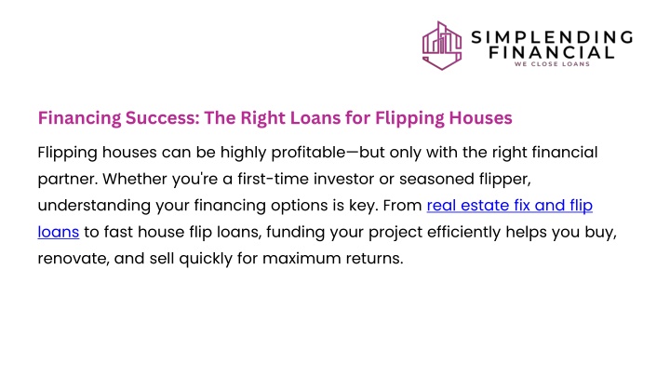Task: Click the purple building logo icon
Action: (x=442, y=46)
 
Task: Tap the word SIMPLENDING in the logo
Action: (x=552, y=37)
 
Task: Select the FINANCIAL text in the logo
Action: (x=552, y=52)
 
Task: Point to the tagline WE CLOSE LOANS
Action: (x=552, y=64)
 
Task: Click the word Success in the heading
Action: (x=162, y=118)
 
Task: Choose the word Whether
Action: (x=135, y=179)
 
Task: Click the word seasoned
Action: (x=436, y=179)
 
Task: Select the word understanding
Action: (x=94, y=206)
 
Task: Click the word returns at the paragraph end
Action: (x=374, y=259)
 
